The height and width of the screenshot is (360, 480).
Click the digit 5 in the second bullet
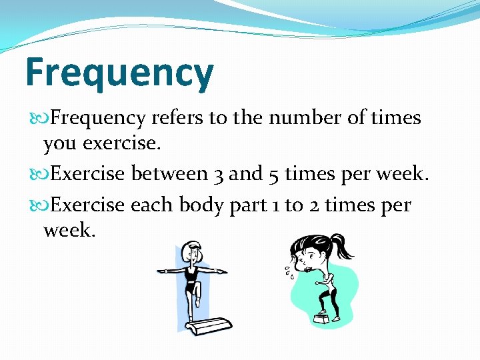coord(273,175)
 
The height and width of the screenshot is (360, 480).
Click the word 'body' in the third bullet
coord(198,205)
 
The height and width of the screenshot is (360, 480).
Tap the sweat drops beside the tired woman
coord(286,272)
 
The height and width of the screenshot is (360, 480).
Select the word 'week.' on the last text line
coord(69,231)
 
